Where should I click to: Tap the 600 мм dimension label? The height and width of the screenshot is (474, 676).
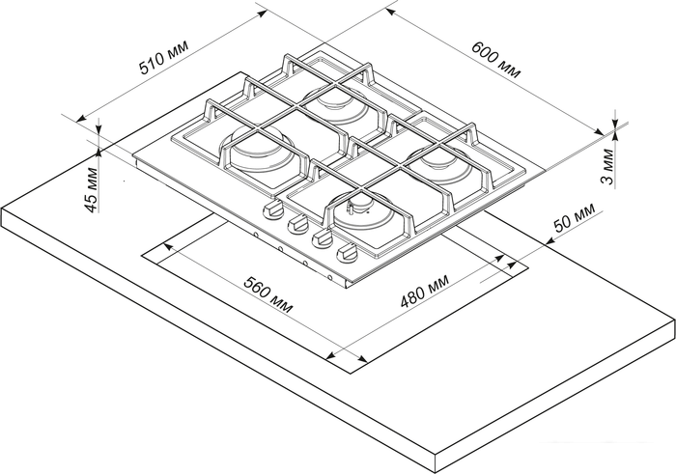(x=495, y=60)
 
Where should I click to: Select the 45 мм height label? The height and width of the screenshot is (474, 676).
(x=91, y=189)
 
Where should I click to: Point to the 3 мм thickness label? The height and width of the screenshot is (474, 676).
(x=607, y=166)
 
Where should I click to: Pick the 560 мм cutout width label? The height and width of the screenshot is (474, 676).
(x=268, y=294)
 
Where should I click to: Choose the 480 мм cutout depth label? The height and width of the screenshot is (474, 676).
(x=425, y=291)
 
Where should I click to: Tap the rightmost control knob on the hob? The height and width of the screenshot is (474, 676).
(x=348, y=252)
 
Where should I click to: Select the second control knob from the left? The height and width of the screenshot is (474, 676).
(x=297, y=224)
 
